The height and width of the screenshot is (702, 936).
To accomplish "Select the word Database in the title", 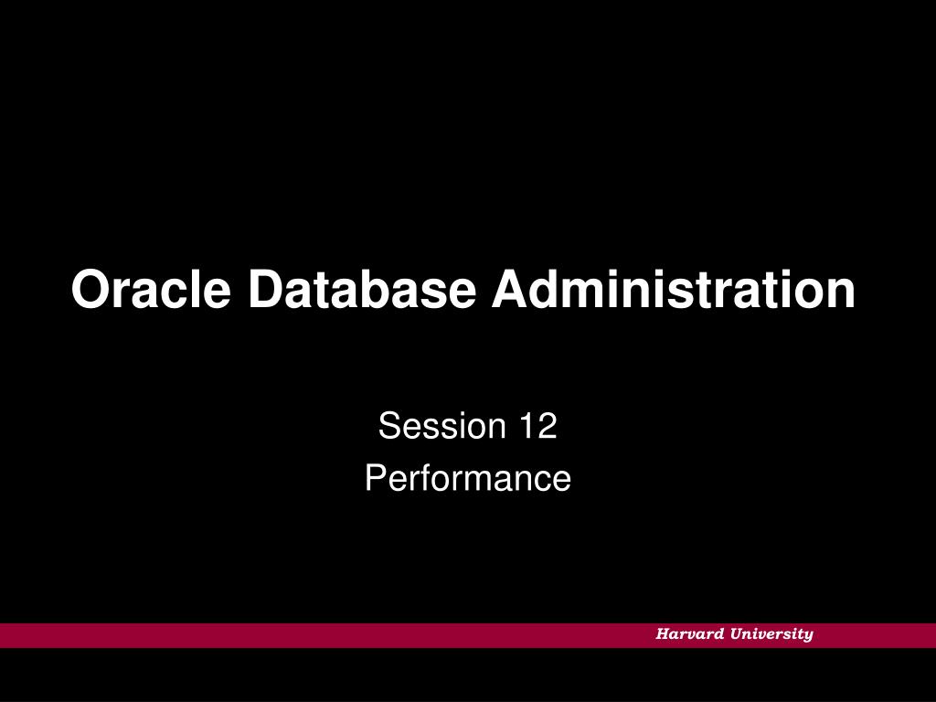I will (x=362, y=290).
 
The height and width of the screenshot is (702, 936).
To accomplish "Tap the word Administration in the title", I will (x=674, y=290).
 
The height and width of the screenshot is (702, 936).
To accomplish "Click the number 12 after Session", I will (x=537, y=426).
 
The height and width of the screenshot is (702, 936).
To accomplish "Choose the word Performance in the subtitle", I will (x=468, y=478).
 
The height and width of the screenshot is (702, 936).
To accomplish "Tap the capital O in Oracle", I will (x=89, y=290).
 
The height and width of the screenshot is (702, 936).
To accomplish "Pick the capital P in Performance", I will (x=375, y=478).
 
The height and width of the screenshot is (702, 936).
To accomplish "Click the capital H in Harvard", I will (x=662, y=634).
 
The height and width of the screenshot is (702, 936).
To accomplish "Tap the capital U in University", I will (x=736, y=634).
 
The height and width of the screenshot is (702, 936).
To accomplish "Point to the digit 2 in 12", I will (x=547, y=426).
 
